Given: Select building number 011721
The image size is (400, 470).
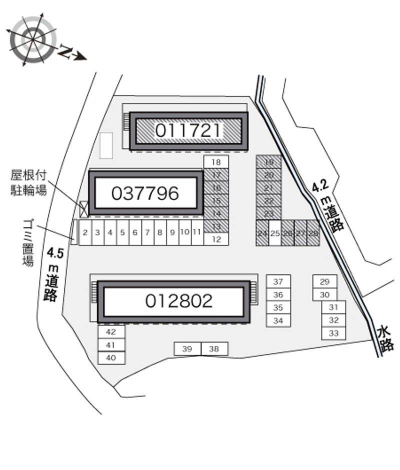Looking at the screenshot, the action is click(x=188, y=130).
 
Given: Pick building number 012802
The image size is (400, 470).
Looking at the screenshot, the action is click(x=179, y=300).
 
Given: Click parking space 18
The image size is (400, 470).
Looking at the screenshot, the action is click(x=216, y=161).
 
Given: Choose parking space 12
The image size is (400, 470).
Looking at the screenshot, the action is click(x=216, y=239).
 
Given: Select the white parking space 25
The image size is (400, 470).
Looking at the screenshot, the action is click(x=275, y=233).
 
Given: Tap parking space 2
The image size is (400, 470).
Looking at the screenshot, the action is click(x=85, y=232).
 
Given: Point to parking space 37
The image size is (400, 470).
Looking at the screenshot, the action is click(x=278, y=281).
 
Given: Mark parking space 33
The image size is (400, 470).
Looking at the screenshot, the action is click(x=334, y=333).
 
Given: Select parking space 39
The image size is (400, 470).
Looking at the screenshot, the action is click(x=187, y=349).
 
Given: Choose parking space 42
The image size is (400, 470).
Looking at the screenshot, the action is click(x=111, y=331).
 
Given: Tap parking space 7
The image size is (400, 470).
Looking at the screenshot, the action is click(x=147, y=232).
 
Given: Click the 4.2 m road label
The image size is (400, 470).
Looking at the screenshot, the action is click(x=327, y=205).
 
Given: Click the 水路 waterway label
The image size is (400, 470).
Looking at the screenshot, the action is click(x=385, y=338).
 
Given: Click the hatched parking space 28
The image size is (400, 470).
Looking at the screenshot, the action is click(x=313, y=233).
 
